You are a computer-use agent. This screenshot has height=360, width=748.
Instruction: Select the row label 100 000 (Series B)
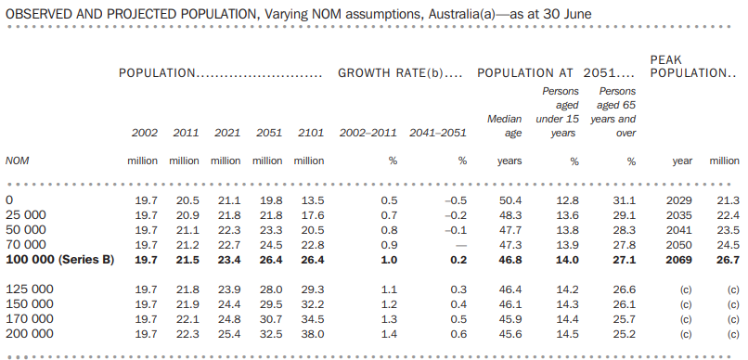pos(59,260)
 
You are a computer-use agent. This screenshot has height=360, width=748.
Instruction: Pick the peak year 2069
pos(679,260)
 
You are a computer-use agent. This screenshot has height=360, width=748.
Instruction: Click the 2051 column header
pos(268,134)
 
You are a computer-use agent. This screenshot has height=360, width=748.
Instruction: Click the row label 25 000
pos(26,215)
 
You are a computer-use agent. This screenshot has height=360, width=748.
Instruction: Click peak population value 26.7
pos(725,260)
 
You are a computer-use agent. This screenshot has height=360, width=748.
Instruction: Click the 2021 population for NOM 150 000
pos(228,304)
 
